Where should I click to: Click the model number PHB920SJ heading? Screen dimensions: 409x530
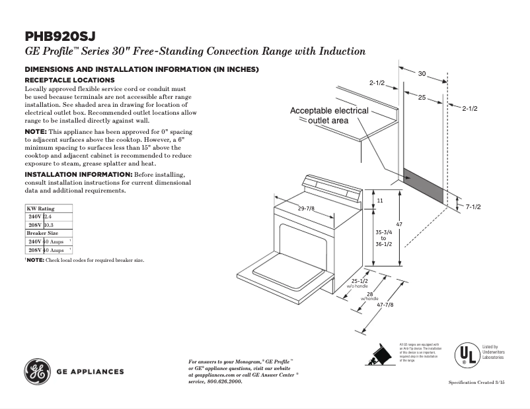64,36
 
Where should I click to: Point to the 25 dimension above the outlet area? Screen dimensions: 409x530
421,97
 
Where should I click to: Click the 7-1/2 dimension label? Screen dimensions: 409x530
473,207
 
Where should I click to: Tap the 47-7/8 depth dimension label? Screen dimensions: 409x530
385,305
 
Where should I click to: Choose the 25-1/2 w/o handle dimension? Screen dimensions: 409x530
359,282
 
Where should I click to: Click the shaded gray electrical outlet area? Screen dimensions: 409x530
424,185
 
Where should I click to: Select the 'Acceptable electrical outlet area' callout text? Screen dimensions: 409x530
329,115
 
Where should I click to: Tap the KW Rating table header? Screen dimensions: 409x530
40,208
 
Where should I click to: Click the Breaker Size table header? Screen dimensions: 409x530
42,234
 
